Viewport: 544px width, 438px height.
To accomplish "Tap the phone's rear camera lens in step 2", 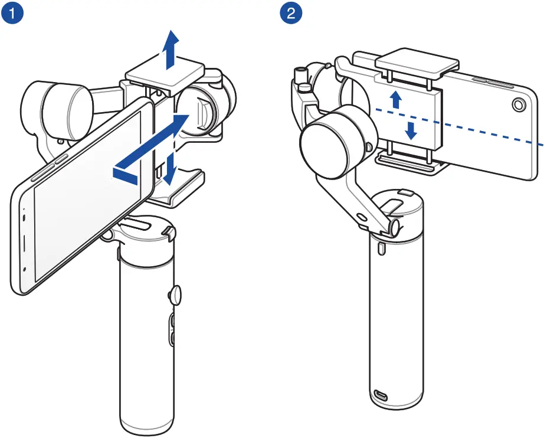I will (517, 105).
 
